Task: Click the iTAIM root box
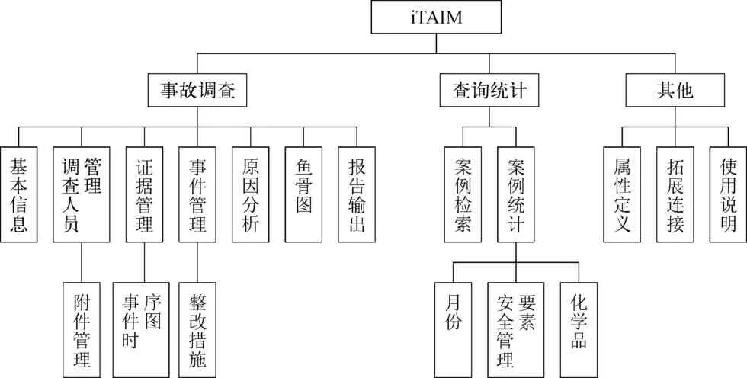pyautogui.click(x=437, y=16)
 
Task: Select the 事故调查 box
pyautogui.click(x=197, y=91)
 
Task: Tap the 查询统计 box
pyautogui.click(x=485, y=91)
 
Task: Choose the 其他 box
pyautogui.click(x=675, y=91)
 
